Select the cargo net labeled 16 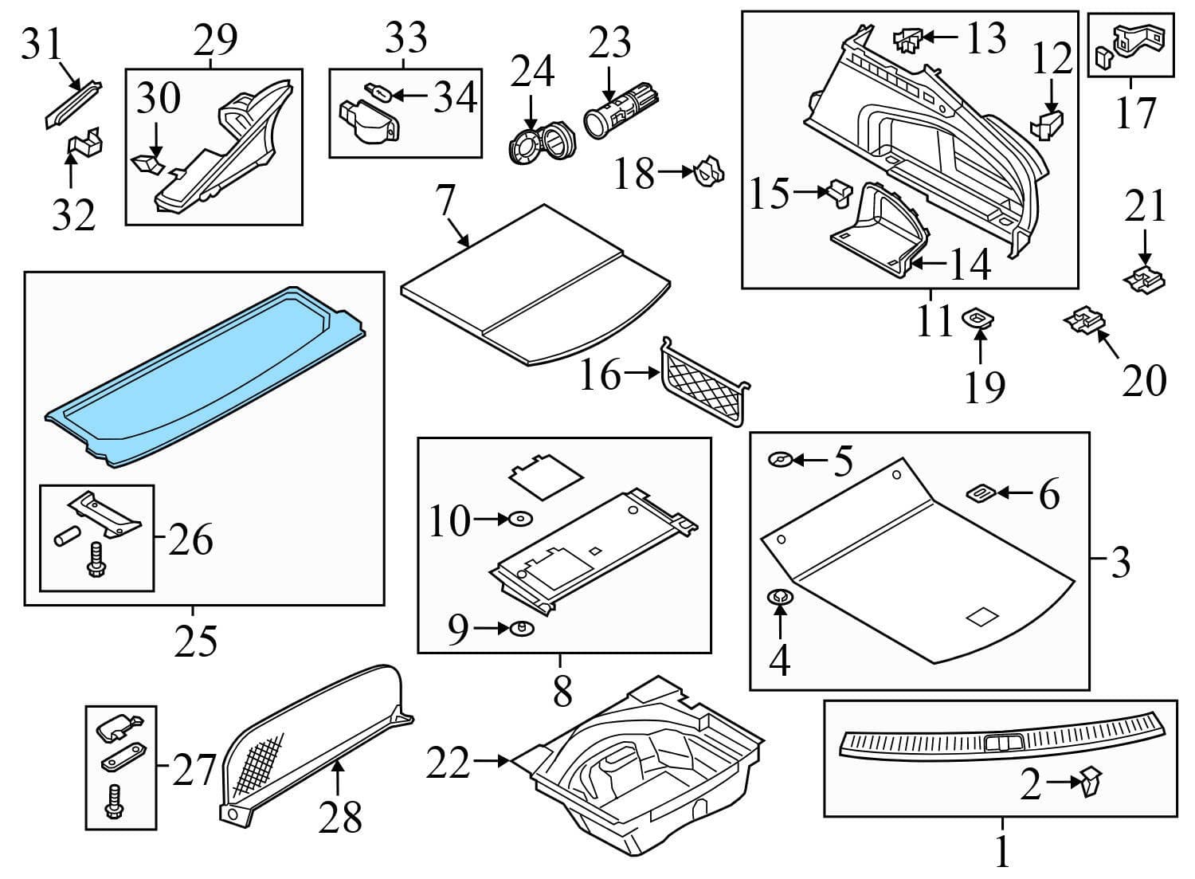(703, 382)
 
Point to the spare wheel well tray (645, 765)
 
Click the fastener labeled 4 (778, 598)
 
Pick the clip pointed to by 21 (1144, 280)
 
